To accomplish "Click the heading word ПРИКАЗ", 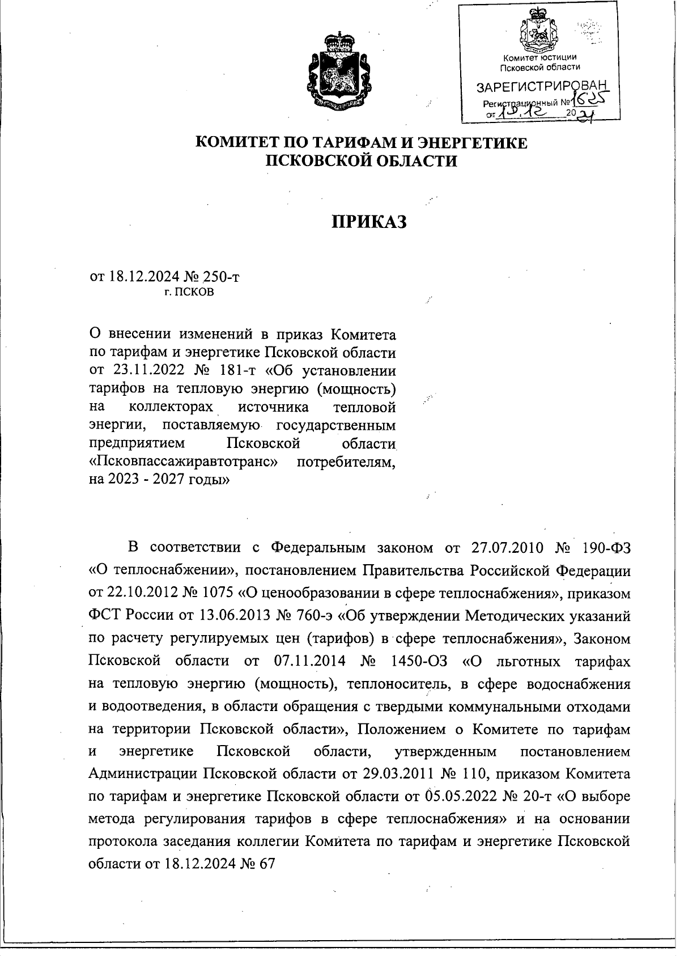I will (x=369, y=222).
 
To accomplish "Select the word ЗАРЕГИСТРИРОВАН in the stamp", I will (x=542, y=87).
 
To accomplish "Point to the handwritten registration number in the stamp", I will (x=588, y=100).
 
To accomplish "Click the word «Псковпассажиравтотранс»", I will (x=184, y=462).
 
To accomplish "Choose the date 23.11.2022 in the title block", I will (x=142, y=371).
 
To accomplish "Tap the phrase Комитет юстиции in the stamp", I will (x=541, y=57).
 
